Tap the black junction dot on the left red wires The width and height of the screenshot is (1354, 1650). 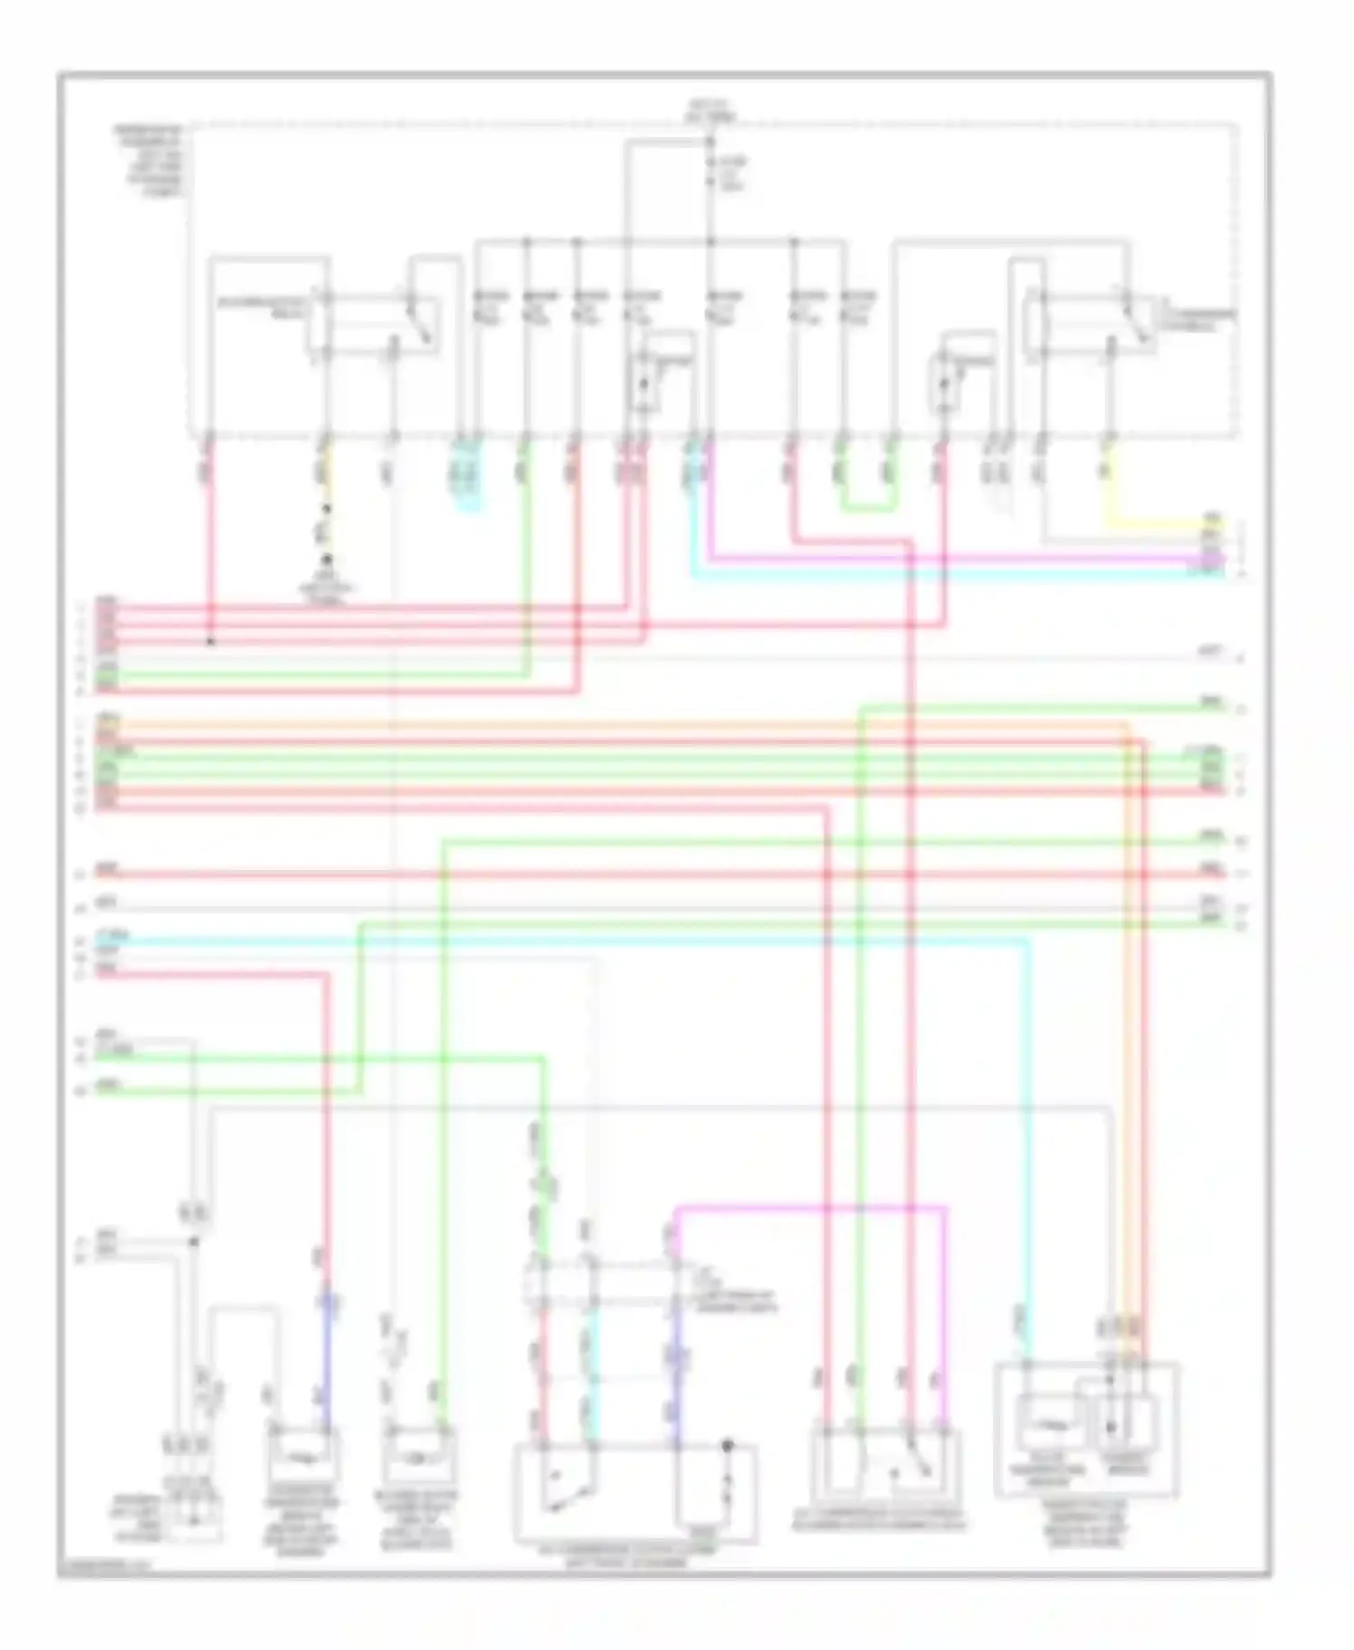210,643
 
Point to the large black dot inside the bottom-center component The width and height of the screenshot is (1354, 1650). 728,1447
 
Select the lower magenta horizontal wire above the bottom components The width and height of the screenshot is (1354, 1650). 812,1206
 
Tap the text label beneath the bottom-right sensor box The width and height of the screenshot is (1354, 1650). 1089,1525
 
